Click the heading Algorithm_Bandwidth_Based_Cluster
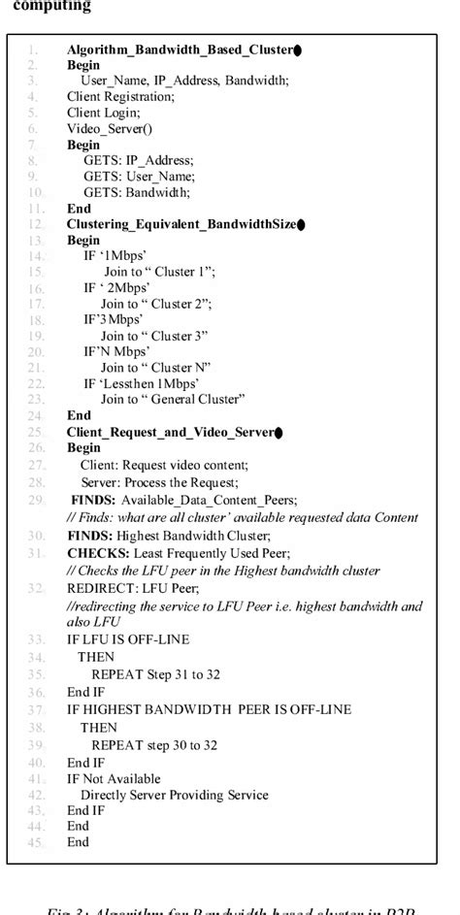pyautogui.click(x=179, y=49)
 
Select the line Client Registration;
pyautogui.click(x=120, y=96)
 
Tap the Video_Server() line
pyautogui.click(x=110, y=128)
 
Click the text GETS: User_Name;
pyautogui.click(x=139, y=176)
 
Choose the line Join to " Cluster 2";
pyautogui.click(x=156, y=304)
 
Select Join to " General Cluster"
pyautogui.click(x=173, y=399)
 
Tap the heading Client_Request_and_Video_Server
pyautogui.click(x=169, y=431)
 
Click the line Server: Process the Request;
pyautogui.click(x=159, y=482)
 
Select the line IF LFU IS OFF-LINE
pyautogui.click(x=128, y=639)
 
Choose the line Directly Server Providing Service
pyautogui.click(x=174, y=795)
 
